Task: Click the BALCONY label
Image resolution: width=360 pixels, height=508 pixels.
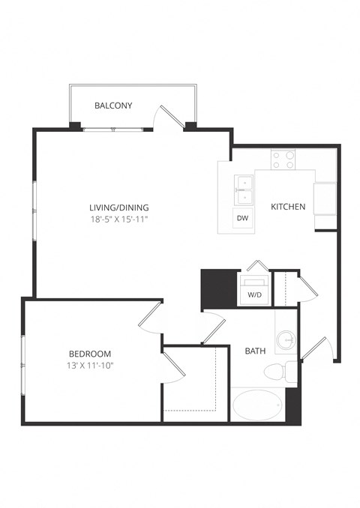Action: pyautogui.click(x=113, y=106)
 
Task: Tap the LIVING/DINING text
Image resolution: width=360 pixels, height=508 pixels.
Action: pyautogui.click(x=119, y=208)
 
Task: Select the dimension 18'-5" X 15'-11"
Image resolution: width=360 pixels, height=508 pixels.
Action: pyautogui.click(x=119, y=220)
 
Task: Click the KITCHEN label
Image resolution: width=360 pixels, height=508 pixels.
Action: pyautogui.click(x=288, y=207)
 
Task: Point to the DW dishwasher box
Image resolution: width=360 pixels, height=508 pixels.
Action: pyautogui.click(x=242, y=218)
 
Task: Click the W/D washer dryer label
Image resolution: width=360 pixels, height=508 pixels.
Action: pyautogui.click(x=254, y=295)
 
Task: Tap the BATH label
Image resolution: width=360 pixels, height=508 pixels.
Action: pyautogui.click(x=255, y=350)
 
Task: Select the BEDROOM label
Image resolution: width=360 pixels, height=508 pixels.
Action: pyautogui.click(x=90, y=354)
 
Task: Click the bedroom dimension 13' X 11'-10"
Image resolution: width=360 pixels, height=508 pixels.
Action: pyautogui.click(x=90, y=366)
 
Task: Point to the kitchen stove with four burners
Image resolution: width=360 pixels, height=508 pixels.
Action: pyautogui.click(x=283, y=159)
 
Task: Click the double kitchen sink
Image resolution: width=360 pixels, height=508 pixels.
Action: pyautogui.click(x=243, y=189)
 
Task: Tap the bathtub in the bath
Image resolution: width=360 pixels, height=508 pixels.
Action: pyautogui.click(x=257, y=405)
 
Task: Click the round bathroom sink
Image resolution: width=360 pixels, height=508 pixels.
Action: pyautogui.click(x=286, y=342)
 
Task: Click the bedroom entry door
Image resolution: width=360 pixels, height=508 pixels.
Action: pyautogui.click(x=150, y=315)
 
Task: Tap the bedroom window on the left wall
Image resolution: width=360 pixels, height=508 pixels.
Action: pyautogui.click(x=23, y=360)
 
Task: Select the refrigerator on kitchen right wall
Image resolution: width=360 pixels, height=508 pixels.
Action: pyautogui.click(x=325, y=199)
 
